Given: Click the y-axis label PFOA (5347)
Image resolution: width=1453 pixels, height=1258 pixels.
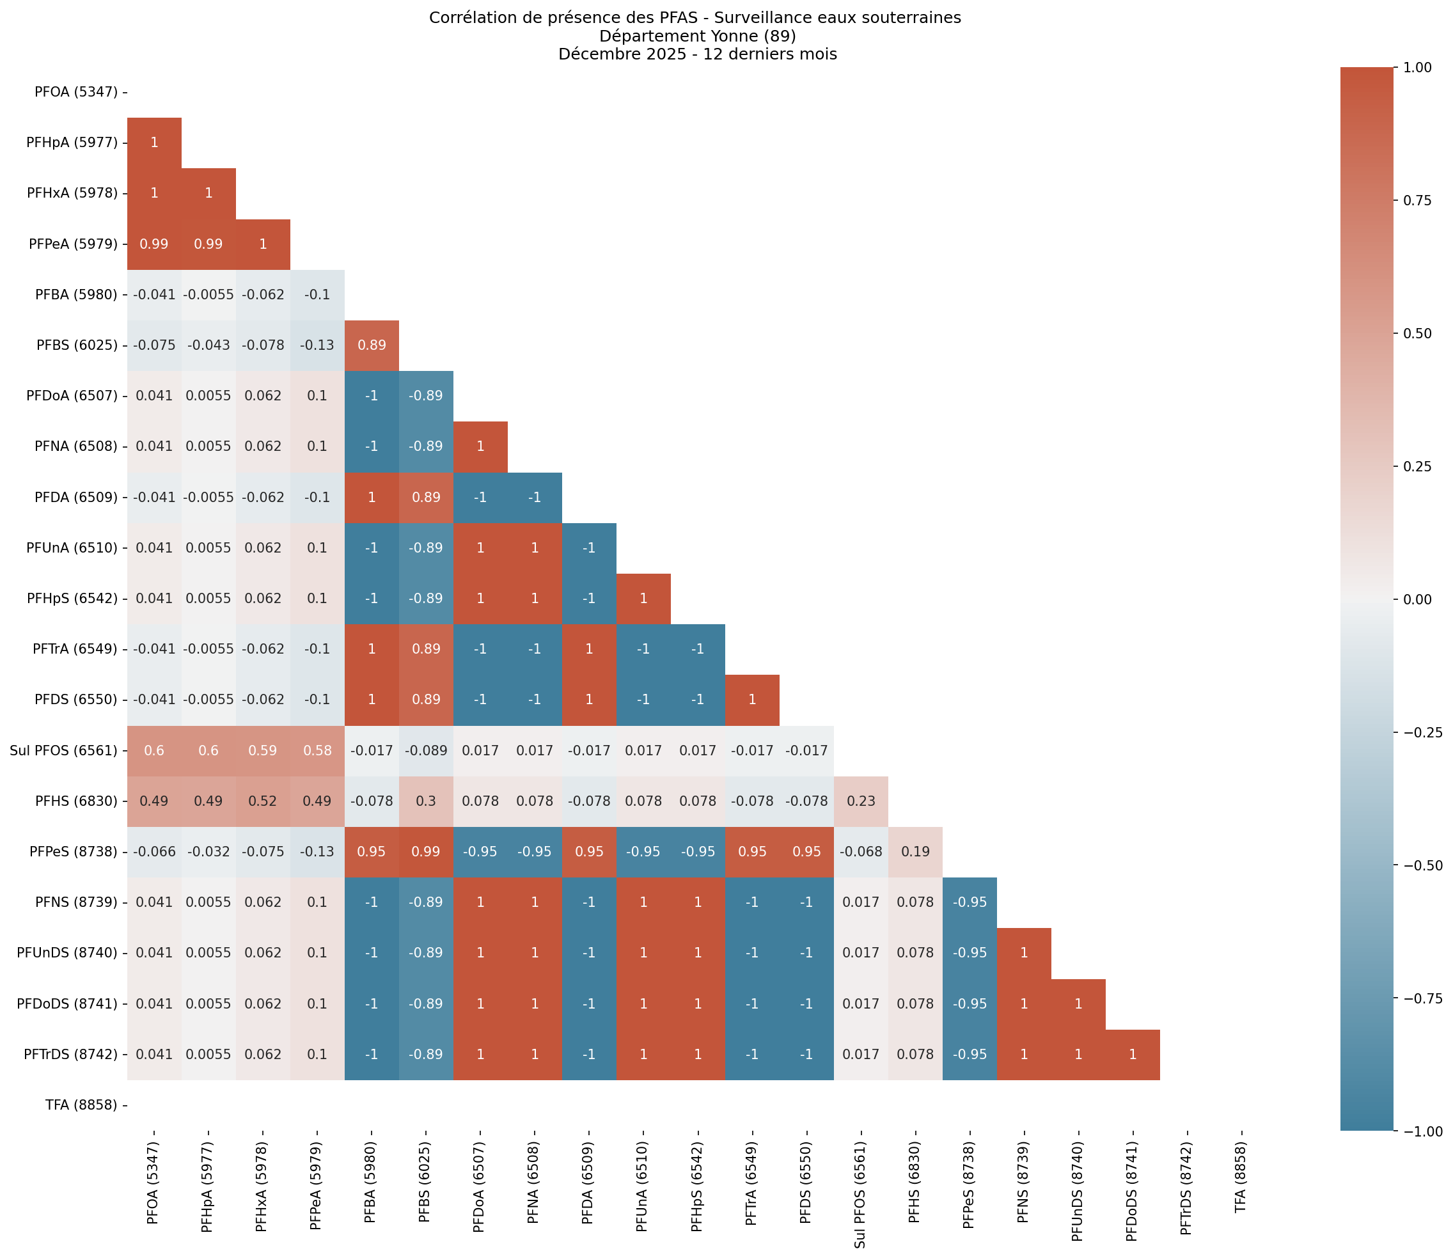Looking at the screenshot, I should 76,92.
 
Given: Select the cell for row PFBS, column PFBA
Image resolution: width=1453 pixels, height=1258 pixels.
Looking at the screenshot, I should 372,345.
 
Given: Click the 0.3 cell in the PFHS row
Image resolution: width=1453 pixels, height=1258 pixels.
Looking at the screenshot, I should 425,801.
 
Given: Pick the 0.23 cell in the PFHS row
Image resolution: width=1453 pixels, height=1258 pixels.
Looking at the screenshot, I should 861,801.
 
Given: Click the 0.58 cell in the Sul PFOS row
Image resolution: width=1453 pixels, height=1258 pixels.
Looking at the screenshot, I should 317,750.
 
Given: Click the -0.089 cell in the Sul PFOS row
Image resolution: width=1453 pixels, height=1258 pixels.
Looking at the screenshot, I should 425,750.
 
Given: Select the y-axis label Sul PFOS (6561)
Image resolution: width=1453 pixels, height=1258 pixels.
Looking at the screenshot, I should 63,750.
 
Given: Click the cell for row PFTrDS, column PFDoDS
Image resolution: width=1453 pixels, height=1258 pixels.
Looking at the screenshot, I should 1132,1055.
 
